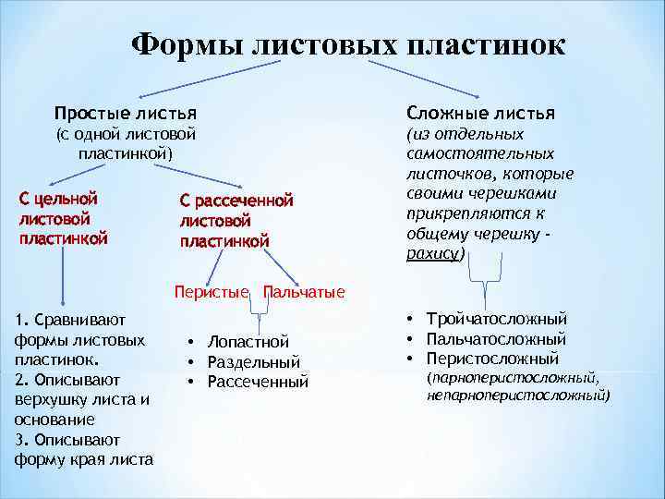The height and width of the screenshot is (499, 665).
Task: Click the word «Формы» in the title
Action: click(x=185, y=43)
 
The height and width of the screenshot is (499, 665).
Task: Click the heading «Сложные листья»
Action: click(x=480, y=113)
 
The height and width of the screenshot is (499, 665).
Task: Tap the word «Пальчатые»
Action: click(x=304, y=292)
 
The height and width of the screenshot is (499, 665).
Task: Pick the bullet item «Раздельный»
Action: click(x=253, y=361)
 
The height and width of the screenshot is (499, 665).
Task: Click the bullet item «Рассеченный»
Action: click(x=258, y=382)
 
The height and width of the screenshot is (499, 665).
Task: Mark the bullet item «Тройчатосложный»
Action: click(x=496, y=319)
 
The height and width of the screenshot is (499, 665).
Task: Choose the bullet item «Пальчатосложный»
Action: click(x=496, y=338)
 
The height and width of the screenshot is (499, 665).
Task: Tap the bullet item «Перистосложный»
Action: click(x=492, y=359)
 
